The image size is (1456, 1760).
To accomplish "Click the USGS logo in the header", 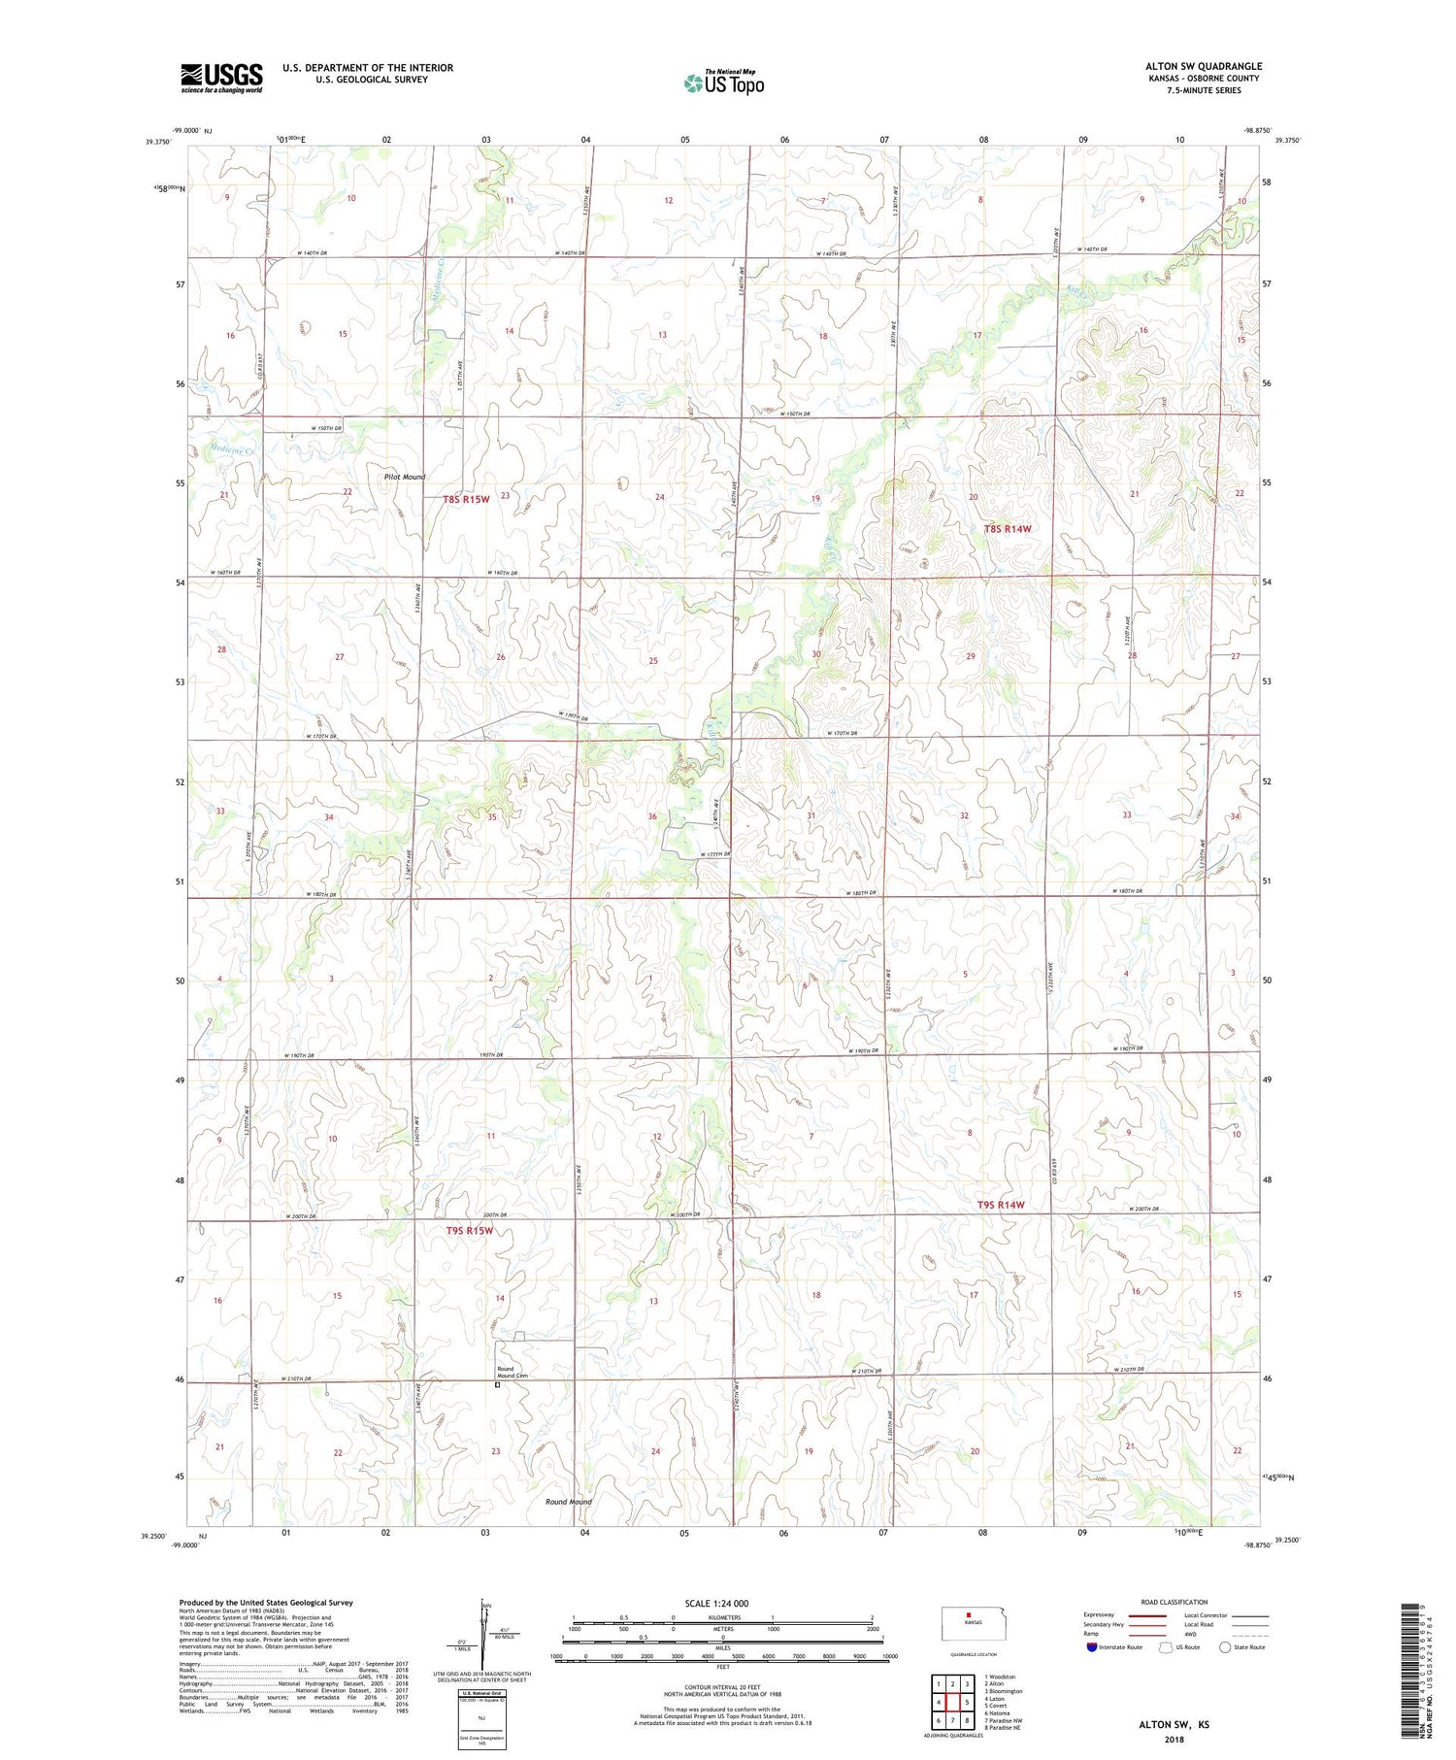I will (221, 78).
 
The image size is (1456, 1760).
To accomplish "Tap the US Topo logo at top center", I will (723, 83).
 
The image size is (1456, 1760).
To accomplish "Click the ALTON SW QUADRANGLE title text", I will (1203, 66).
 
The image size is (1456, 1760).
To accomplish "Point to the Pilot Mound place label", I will (404, 477).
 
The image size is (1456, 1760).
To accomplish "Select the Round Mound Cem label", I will (513, 1372).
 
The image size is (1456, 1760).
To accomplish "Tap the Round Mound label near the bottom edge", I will (568, 1502).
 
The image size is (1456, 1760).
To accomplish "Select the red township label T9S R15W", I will (470, 1231).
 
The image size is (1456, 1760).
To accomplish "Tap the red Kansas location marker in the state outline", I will (967, 1616).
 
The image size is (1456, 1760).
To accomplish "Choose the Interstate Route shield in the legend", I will (1091, 1647).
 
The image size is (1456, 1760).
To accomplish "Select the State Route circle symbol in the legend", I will (1225, 1647).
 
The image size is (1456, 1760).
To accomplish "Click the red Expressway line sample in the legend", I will (1145, 1615).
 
